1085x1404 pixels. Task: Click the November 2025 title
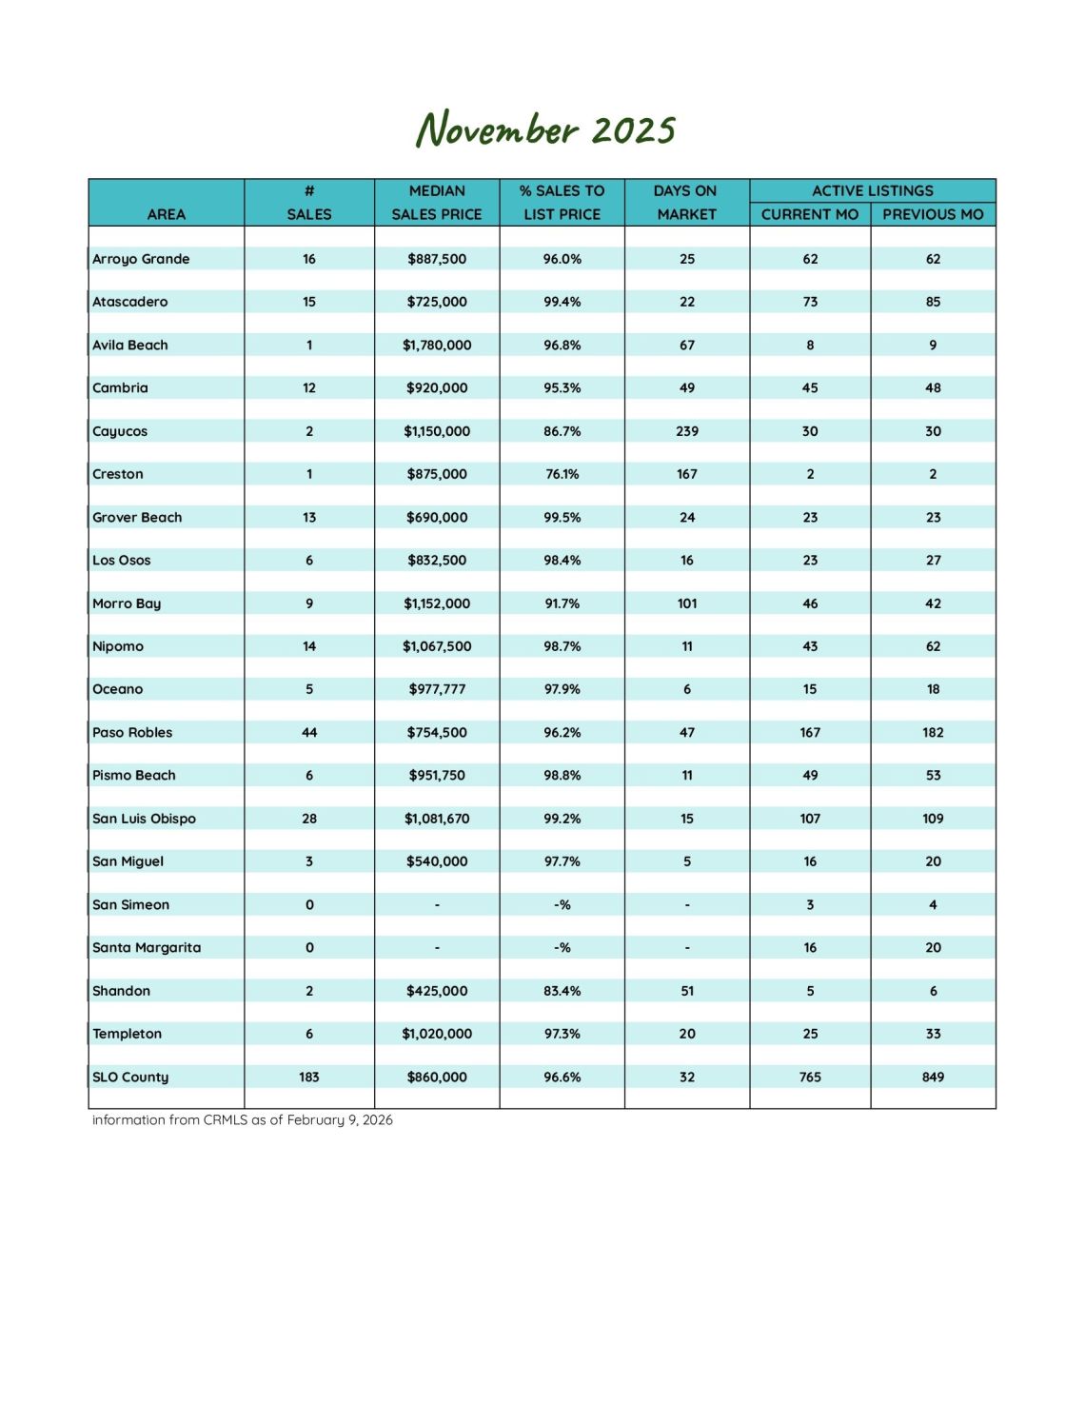tap(544, 129)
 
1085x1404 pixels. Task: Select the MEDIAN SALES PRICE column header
tap(437, 203)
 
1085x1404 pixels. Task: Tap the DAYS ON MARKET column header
tap(686, 203)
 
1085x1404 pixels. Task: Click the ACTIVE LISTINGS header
tap(872, 190)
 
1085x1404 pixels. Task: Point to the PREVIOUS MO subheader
tap(933, 214)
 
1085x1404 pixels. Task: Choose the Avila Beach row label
tap(130, 345)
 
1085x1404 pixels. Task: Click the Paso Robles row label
tap(132, 732)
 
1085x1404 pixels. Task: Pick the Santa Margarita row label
tap(147, 947)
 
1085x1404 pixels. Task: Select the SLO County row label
tap(130, 1077)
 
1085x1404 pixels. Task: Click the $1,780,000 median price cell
tap(437, 345)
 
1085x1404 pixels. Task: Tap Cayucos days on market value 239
tap(687, 431)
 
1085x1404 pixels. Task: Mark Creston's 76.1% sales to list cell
tap(562, 474)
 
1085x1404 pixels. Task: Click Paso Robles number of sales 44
tap(309, 732)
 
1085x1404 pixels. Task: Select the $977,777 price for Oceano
tap(437, 689)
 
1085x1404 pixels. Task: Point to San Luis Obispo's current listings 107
tap(810, 819)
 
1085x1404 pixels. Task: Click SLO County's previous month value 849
tap(933, 1077)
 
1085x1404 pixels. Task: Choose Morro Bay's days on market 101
tap(687, 603)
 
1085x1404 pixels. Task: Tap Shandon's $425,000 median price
tap(437, 991)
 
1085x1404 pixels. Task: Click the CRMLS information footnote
tap(243, 1119)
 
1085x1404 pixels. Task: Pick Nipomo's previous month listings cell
tap(933, 646)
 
